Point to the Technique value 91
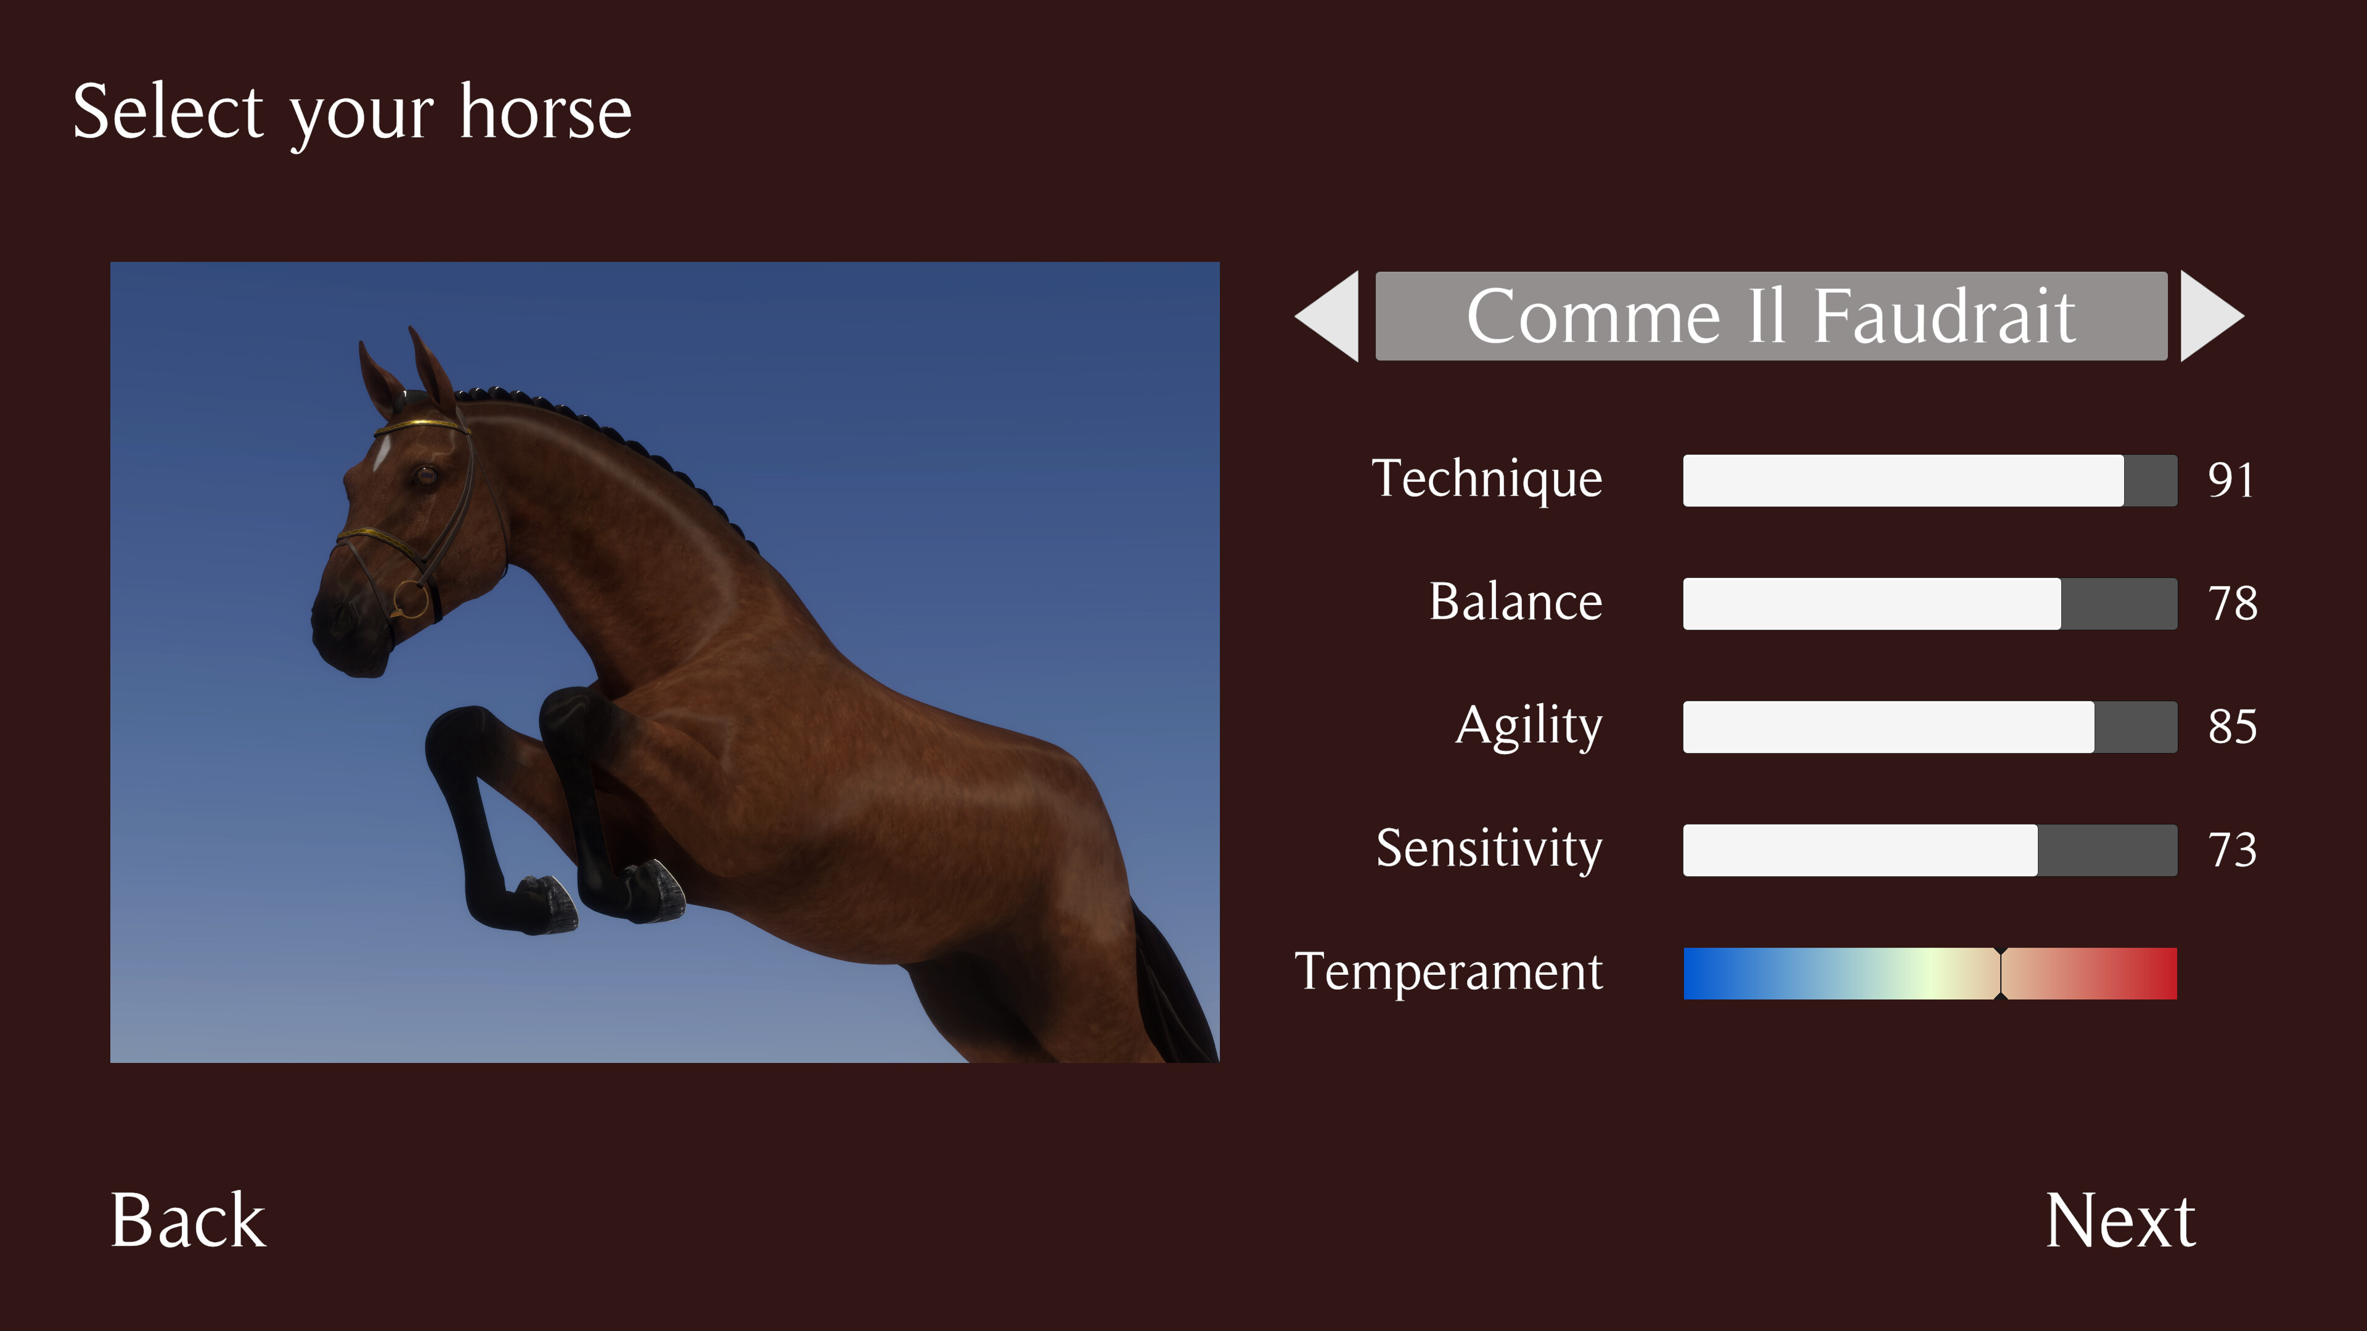click(x=2230, y=479)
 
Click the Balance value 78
click(x=2232, y=603)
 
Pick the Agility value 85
click(x=2232, y=727)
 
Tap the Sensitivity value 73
click(x=2232, y=850)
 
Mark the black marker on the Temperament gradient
click(x=2000, y=973)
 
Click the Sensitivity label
click(x=1489, y=848)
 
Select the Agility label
click(x=1529, y=726)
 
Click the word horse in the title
click(x=545, y=112)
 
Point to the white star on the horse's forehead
click(x=380, y=453)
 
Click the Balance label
click(x=1515, y=603)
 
